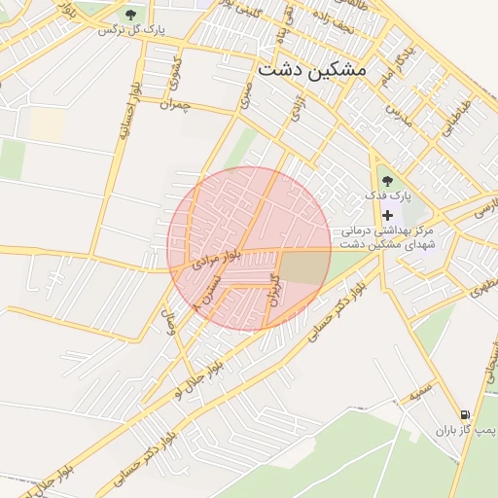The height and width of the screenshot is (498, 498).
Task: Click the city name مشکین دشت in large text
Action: tap(311, 71)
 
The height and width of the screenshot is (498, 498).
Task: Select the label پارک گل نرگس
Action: tap(131, 29)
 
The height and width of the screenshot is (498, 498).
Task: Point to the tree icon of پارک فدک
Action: tap(388, 180)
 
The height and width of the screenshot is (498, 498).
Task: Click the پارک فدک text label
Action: tap(389, 196)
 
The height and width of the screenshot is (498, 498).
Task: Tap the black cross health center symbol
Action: tap(388, 215)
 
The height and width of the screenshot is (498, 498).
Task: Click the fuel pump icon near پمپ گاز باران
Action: tap(465, 414)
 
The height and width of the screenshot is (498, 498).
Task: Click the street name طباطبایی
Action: tap(455, 116)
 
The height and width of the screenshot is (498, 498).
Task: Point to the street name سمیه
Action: tap(420, 392)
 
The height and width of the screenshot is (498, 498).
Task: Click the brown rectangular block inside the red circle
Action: tap(304, 265)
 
